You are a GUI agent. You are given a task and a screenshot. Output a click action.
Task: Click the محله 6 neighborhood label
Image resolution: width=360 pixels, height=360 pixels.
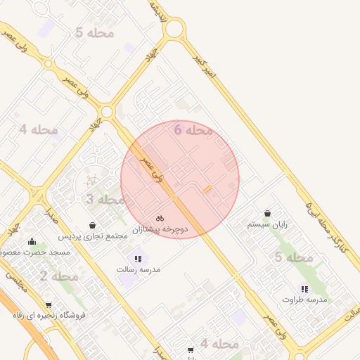[x=193, y=130]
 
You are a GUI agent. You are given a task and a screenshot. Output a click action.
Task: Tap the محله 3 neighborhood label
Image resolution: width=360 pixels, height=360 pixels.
[x=105, y=200]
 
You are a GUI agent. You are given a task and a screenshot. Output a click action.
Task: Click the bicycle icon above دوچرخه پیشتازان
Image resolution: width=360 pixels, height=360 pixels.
[x=160, y=218]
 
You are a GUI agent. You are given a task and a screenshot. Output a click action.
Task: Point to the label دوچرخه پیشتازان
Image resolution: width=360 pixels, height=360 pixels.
[x=164, y=229]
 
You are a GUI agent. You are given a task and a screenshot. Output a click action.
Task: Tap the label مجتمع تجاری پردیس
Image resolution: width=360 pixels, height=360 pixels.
[x=94, y=236]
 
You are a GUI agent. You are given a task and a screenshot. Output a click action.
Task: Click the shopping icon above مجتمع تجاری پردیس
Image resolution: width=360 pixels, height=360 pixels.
[x=93, y=225]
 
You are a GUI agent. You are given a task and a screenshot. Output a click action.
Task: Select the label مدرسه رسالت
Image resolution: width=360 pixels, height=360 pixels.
[x=139, y=269]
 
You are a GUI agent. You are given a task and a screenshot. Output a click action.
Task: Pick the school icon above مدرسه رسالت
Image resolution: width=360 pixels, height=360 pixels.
[x=138, y=259]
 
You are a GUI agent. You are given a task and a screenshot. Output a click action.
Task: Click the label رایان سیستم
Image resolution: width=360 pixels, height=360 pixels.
[x=268, y=225]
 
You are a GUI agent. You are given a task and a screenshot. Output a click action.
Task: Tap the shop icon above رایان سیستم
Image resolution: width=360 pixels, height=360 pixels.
[x=268, y=214]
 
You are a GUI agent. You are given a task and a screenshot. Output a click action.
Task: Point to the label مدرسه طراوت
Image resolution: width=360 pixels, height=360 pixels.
[x=304, y=300]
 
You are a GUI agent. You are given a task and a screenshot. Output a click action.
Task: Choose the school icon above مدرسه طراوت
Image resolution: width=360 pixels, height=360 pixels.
[x=304, y=288]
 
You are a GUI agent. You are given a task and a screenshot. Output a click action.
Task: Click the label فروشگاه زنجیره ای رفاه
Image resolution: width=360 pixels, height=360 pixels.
[x=49, y=316]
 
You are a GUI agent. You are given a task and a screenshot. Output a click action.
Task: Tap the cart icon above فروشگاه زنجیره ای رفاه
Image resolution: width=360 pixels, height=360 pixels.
[x=49, y=305]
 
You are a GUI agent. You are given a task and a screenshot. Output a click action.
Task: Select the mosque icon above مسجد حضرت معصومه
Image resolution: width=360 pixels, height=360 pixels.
[x=32, y=242]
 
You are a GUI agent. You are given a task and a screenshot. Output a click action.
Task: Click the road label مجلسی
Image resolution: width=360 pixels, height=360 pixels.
[x=15, y=283]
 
